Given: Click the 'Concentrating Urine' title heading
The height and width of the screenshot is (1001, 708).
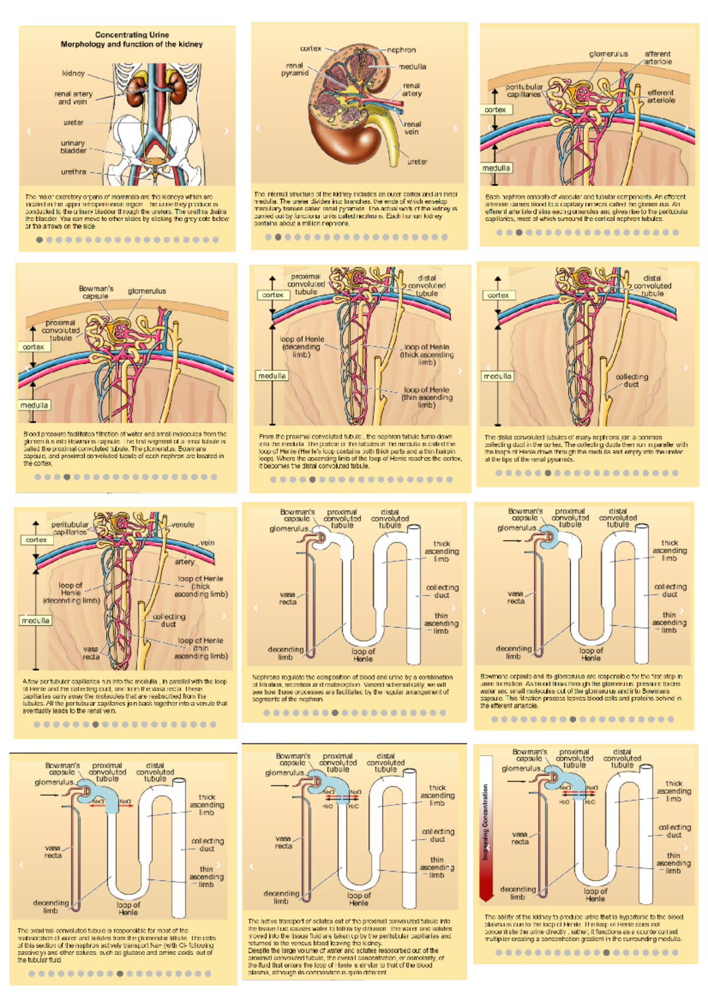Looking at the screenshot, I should [x=132, y=35].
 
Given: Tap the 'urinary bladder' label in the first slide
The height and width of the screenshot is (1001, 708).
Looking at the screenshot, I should [x=73, y=147].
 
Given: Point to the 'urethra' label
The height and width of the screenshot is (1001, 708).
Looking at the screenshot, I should [x=74, y=172].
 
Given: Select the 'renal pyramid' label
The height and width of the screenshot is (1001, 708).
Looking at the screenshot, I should [x=295, y=70].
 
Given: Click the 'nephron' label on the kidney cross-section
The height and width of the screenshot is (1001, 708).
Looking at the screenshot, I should [x=402, y=50].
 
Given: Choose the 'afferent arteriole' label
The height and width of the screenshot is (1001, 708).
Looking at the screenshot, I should [x=658, y=57].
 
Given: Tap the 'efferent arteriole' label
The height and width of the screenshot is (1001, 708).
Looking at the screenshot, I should [x=661, y=96].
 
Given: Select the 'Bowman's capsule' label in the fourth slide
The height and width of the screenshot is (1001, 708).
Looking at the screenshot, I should [x=96, y=292].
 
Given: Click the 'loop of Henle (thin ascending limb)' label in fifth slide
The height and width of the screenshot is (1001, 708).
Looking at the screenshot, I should [x=427, y=397].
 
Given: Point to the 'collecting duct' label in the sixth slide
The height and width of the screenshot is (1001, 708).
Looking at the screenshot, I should [x=632, y=380].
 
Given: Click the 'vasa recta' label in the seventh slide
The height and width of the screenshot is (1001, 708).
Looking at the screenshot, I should [x=91, y=653].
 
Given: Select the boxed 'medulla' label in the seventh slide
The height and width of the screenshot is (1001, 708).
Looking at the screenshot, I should [x=36, y=621].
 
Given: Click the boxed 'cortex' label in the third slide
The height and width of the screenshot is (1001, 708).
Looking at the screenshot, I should [x=496, y=110].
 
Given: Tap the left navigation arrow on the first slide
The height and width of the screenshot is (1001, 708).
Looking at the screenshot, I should [x=29, y=131].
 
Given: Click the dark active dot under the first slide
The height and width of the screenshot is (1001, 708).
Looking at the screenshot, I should [x=40, y=240].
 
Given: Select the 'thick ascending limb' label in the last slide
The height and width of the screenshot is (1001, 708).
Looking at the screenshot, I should [x=674, y=791].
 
